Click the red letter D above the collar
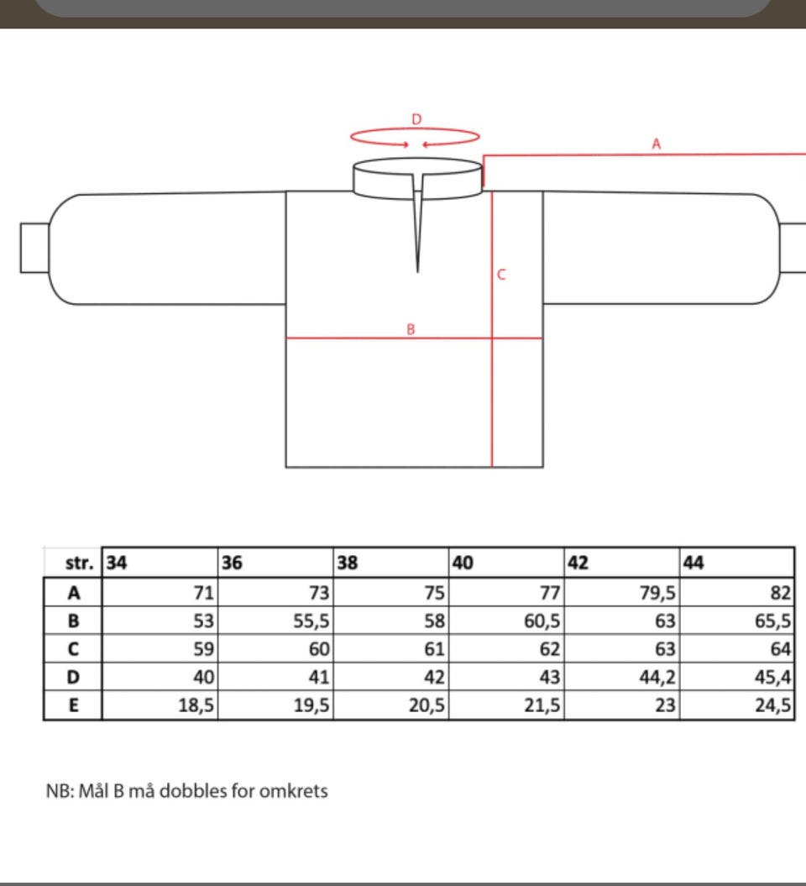tap(416, 119)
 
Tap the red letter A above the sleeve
tap(657, 144)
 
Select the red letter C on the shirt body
tap(501, 275)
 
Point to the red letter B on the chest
tap(411, 329)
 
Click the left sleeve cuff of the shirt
tap(34, 248)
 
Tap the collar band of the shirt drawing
tap(417, 179)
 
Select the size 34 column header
tap(117, 563)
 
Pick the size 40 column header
tap(463, 563)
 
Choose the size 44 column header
tap(693, 563)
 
